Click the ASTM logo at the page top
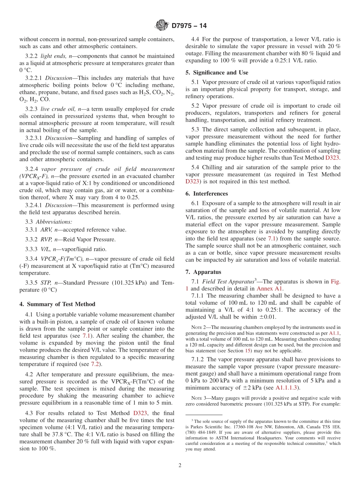tap(162, 26)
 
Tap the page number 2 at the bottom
tap(180, 465)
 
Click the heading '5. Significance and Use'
tap(217, 72)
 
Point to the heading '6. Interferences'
tap(207, 194)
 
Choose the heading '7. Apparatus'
tap(203, 272)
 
